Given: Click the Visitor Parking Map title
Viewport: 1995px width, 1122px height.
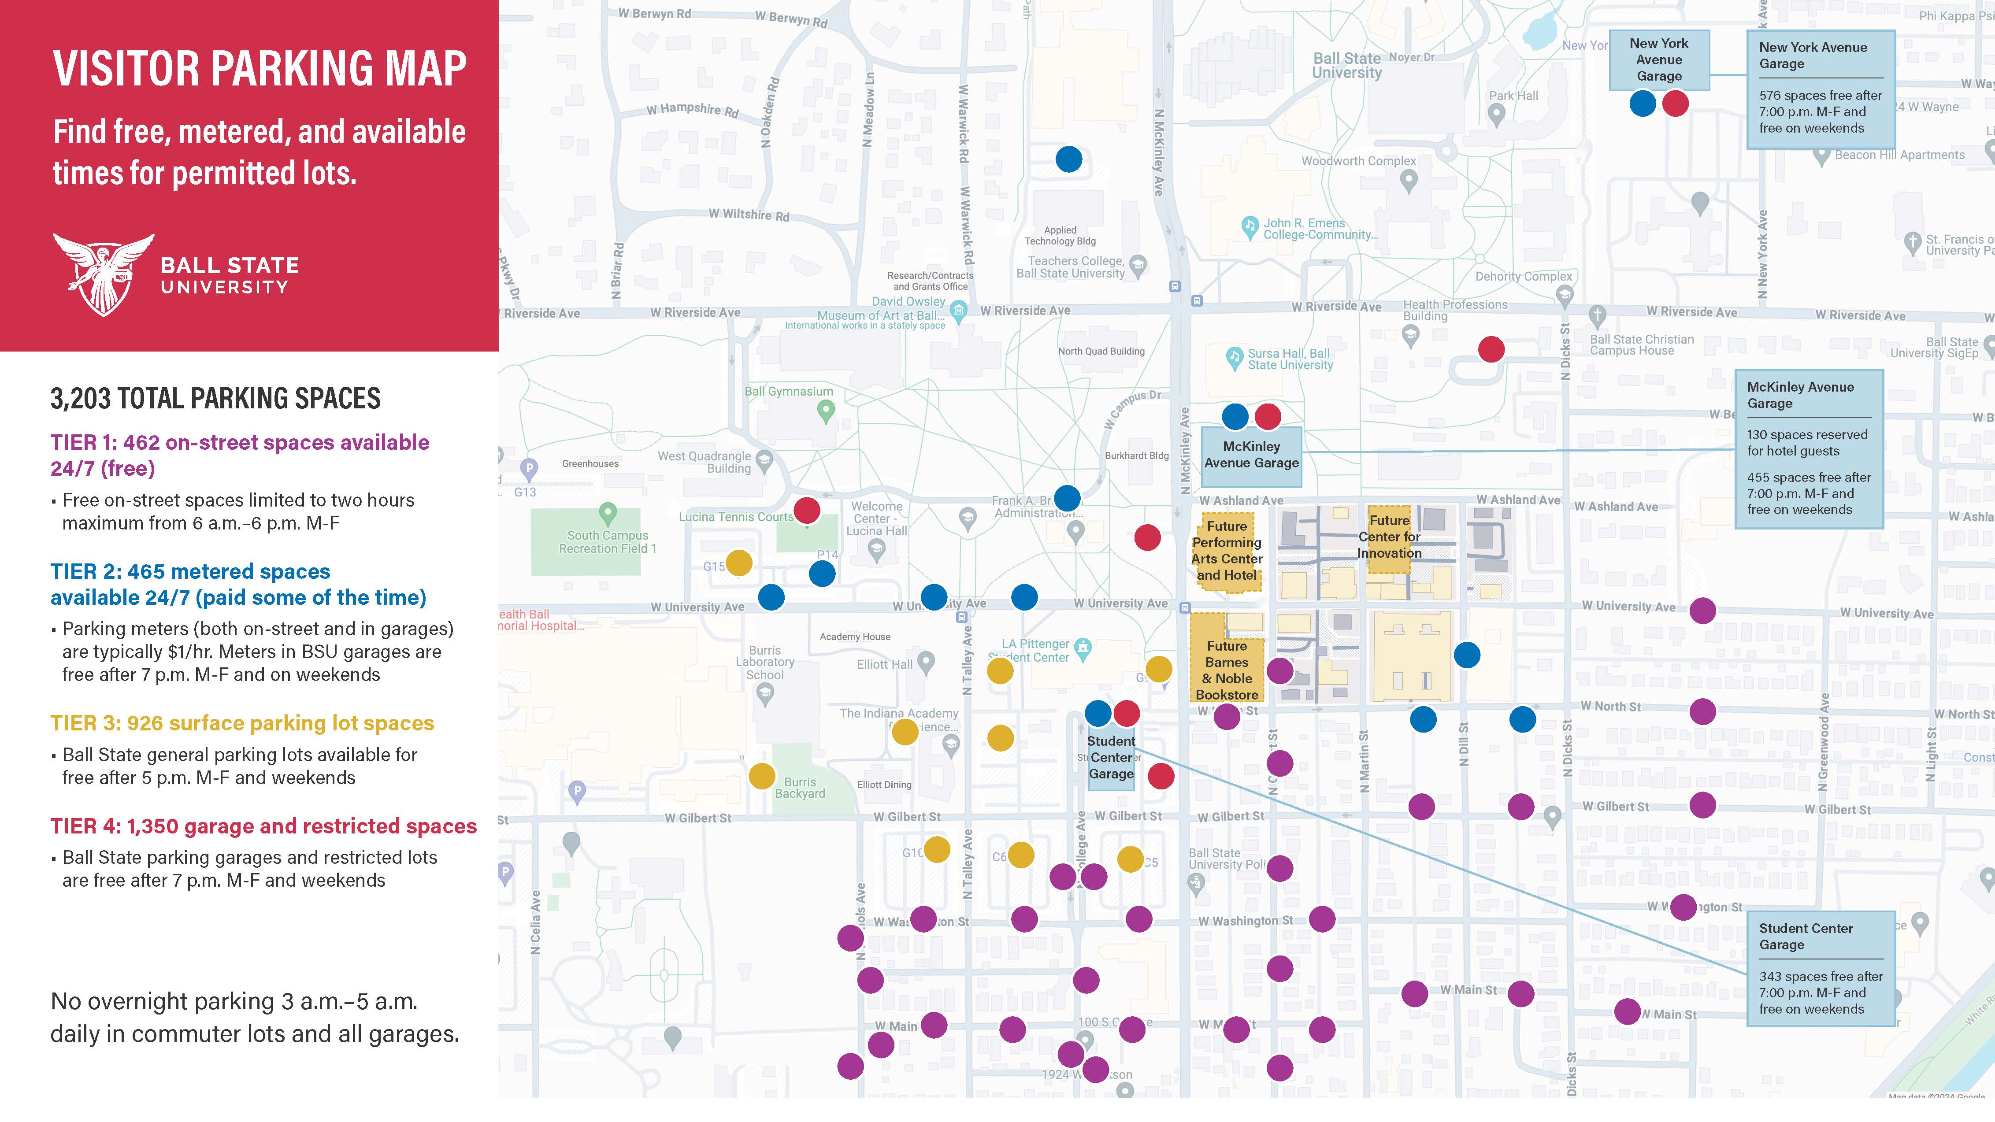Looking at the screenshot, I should (x=260, y=68).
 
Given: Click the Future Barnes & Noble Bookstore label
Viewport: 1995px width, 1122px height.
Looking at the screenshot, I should (x=1227, y=670).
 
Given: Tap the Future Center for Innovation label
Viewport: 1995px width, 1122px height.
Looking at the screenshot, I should (x=1389, y=537).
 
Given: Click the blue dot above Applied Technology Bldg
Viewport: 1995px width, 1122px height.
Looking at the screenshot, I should (x=1069, y=159).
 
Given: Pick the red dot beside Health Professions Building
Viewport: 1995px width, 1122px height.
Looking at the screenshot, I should (x=1491, y=349).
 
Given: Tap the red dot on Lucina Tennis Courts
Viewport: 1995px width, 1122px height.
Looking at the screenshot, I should (x=807, y=510).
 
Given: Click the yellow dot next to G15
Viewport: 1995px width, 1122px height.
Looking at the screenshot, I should (x=739, y=563).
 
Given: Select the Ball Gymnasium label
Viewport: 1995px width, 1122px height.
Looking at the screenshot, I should (x=788, y=392).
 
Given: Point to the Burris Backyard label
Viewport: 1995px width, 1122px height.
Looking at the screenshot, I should (x=800, y=788).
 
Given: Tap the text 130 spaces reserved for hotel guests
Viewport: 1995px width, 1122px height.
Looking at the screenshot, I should (x=1807, y=443).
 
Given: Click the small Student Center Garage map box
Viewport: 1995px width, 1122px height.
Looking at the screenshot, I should (x=1111, y=757).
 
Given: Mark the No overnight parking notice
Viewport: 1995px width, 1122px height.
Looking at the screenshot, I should (x=254, y=1018).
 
